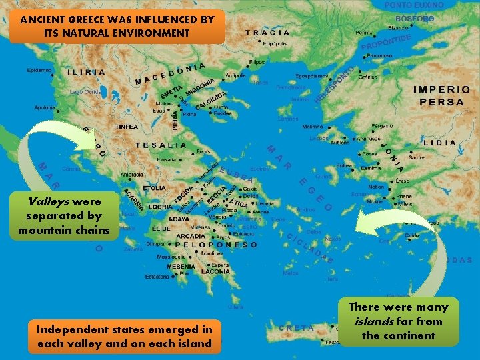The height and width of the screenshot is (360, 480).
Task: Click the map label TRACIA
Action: [x=268, y=32]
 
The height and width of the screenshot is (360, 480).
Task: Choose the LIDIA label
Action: [x=440, y=142]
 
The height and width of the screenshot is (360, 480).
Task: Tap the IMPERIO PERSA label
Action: [x=441, y=95]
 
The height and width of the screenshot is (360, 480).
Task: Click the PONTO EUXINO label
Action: [x=415, y=5]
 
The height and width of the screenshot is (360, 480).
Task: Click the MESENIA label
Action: [x=181, y=266]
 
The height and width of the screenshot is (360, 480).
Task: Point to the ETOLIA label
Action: [x=154, y=189]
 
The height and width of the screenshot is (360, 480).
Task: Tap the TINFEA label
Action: [x=126, y=127]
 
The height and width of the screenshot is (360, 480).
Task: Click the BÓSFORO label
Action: [x=415, y=19]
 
